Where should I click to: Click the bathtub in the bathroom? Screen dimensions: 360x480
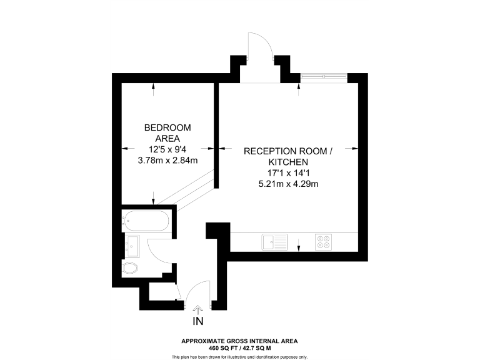pos(145,221)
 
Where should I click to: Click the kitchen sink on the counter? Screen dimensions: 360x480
pos(274,241)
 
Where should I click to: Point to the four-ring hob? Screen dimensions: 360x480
pos(324,241)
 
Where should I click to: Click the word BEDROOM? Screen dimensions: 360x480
pos(167,128)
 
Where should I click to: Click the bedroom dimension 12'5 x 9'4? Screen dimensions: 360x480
pos(167,149)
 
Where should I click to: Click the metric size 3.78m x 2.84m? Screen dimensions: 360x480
pos(167,160)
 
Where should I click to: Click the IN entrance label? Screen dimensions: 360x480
pos(198,322)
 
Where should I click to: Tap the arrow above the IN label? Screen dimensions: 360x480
pos(198,308)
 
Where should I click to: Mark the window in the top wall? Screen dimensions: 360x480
pos(324,76)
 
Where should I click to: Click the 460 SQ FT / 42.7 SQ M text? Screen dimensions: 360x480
pos(239,347)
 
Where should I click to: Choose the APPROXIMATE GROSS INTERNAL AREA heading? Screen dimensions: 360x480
pos(239,341)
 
